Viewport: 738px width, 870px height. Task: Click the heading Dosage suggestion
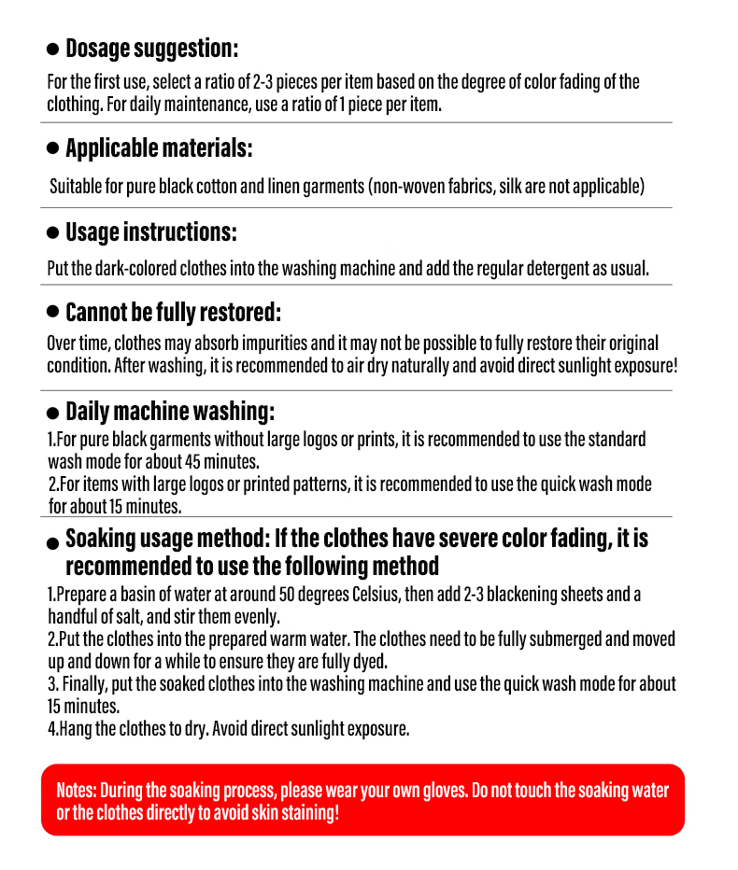[x=151, y=49]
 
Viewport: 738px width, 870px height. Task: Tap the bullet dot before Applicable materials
[x=53, y=149]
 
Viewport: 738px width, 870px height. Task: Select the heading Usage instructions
[x=150, y=232]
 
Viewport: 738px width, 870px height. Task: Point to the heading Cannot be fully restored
[x=173, y=312]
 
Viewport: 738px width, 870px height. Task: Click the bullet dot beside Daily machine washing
[x=53, y=413]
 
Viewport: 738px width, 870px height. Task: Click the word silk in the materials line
[x=510, y=187]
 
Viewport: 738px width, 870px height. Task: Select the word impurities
[x=270, y=343]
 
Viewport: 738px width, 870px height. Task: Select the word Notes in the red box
[x=76, y=790]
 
